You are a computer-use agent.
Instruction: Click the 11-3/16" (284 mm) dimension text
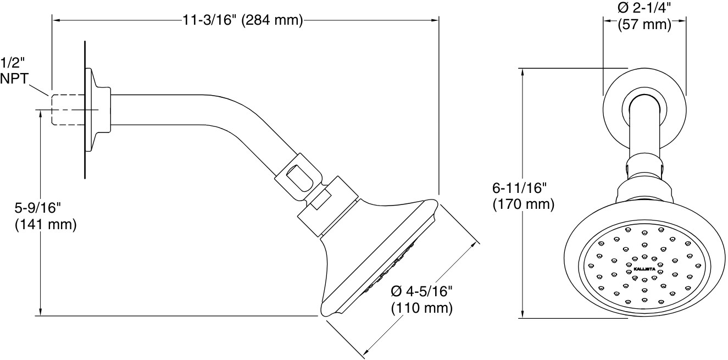pyautogui.click(x=243, y=21)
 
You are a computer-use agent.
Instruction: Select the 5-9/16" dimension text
pyautogui.click(x=37, y=208)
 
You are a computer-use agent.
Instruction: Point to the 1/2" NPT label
pyautogui.click(x=15, y=70)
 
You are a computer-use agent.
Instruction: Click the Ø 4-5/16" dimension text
pyautogui.click(x=422, y=292)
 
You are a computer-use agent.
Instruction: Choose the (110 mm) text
pyautogui.click(x=422, y=308)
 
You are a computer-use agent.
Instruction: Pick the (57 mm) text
pyautogui.click(x=644, y=25)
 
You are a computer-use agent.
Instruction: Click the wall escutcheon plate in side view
pyautogui.click(x=86, y=110)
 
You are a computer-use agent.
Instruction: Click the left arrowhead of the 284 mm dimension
pyautogui.click(x=55, y=21)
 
